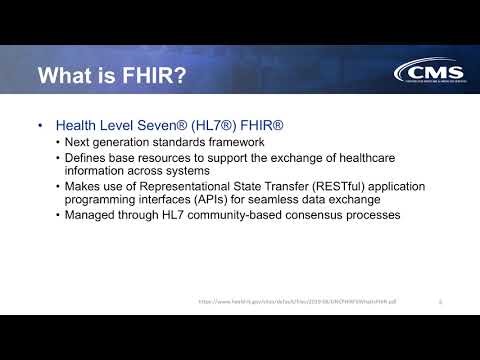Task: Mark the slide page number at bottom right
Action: tap(441, 300)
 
